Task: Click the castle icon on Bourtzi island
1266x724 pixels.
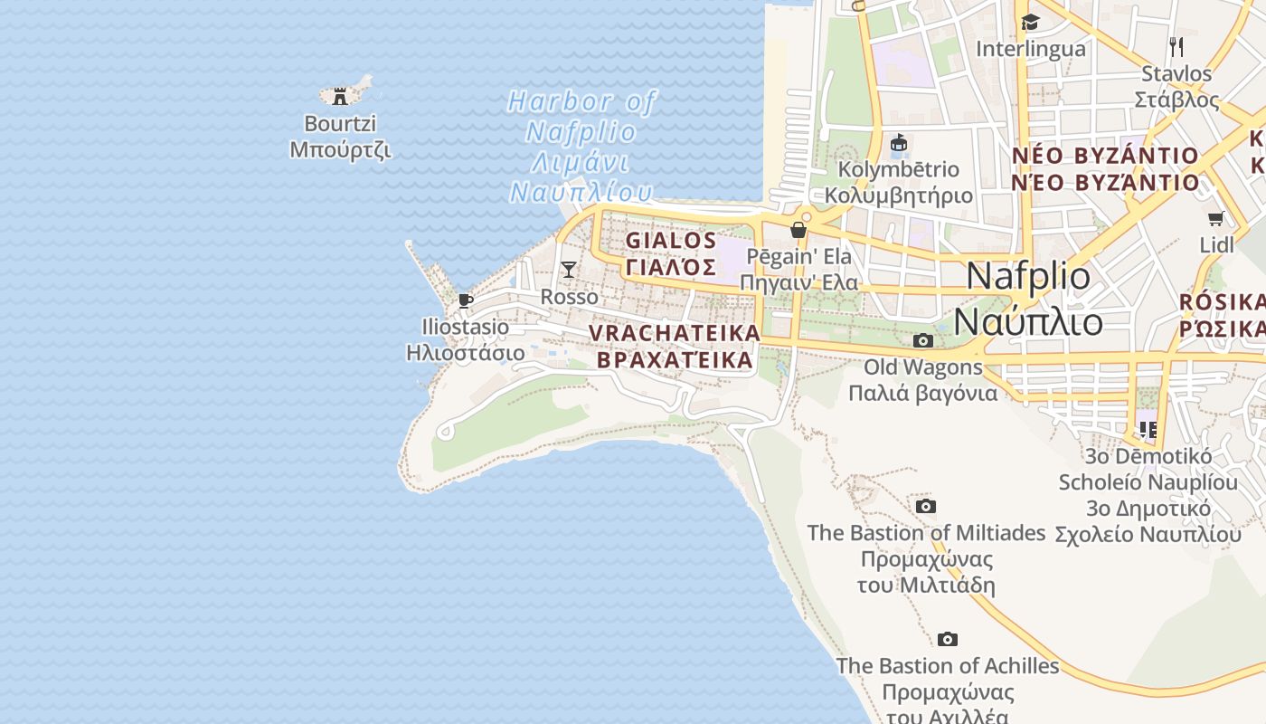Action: tap(340, 96)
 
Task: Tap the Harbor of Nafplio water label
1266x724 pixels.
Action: tap(581, 146)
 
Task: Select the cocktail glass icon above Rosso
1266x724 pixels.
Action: tap(569, 269)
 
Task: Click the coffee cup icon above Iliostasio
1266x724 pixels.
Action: tap(466, 300)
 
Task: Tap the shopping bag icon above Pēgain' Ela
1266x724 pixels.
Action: tap(798, 230)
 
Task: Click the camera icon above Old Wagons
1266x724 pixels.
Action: tap(923, 341)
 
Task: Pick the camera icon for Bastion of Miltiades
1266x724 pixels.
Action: tap(926, 507)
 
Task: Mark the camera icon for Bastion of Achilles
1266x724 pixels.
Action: tap(948, 640)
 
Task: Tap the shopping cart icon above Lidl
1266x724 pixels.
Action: tap(1216, 218)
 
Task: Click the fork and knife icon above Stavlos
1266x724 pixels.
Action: tap(1176, 46)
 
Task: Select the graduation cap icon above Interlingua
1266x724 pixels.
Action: tap(1030, 23)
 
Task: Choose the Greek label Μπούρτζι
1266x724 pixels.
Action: tap(340, 150)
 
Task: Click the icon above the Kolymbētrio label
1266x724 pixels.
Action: tap(899, 143)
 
